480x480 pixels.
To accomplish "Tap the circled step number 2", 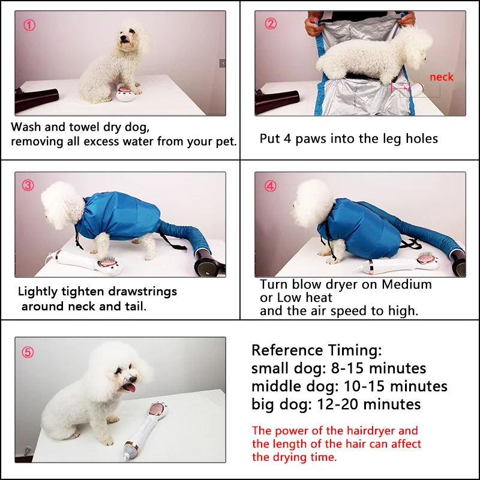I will [x=271, y=25].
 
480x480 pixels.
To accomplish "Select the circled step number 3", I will [x=28, y=185].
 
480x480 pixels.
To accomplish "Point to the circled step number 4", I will [x=271, y=185].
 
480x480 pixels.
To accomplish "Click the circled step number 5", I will [x=28, y=352].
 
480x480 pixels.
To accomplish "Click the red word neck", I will [x=441, y=77].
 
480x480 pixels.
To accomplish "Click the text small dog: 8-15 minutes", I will [x=338, y=368].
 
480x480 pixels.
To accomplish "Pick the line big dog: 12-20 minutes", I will [x=336, y=404].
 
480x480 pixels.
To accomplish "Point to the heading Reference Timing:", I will [x=316, y=350].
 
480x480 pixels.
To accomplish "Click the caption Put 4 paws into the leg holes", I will [x=349, y=139].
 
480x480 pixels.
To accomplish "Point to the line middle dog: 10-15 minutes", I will [x=349, y=386].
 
